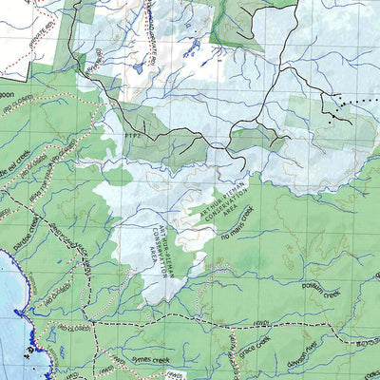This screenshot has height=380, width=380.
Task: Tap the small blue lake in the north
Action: [140, 68]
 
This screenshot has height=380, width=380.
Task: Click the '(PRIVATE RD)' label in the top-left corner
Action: [13, 19]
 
